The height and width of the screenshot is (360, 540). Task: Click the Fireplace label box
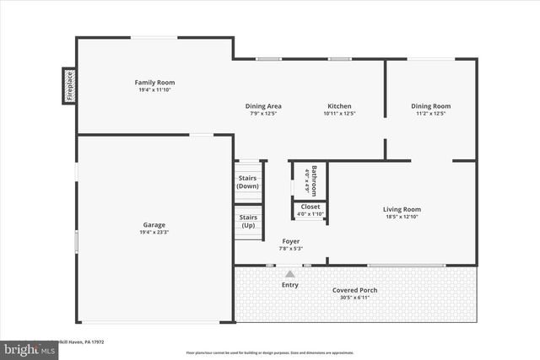pyautogui.click(x=69, y=86)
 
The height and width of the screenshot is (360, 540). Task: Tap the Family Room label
pyautogui.click(x=154, y=83)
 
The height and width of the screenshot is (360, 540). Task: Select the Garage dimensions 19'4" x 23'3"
pyautogui.click(x=154, y=233)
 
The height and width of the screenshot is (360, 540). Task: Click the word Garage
pyautogui.click(x=154, y=225)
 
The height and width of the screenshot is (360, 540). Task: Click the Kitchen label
pyautogui.click(x=339, y=106)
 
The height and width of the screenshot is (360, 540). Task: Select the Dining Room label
pyautogui.click(x=430, y=106)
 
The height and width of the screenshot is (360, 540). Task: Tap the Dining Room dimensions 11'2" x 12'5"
pyautogui.click(x=430, y=114)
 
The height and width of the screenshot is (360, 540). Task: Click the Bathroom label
pyautogui.click(x=314, y=180)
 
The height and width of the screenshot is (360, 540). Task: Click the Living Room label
pyautogui.click(x=402, y=209)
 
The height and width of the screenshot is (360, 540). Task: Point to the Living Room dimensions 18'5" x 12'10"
pyautogui.click(x=402, y=217)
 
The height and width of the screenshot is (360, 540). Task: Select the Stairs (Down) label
pyautogui.click(x=248, y=182)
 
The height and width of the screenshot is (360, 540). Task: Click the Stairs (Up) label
pyautogui.click(x=248, y=221)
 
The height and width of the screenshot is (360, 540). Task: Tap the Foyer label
pyautogui.click(x=289, y=241)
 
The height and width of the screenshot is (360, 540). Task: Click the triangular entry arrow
pyautogui.click(x=289, y=273)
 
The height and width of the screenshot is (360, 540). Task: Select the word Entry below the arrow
pyautogui.click(x=289, y=285)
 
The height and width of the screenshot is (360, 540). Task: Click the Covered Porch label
pyautogui.click(x=354, y=290)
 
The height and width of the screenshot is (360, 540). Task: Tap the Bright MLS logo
pyautogui.click(x=25, y=347)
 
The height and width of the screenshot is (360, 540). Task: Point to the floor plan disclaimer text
pyautogui.click(x=269, y=352)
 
